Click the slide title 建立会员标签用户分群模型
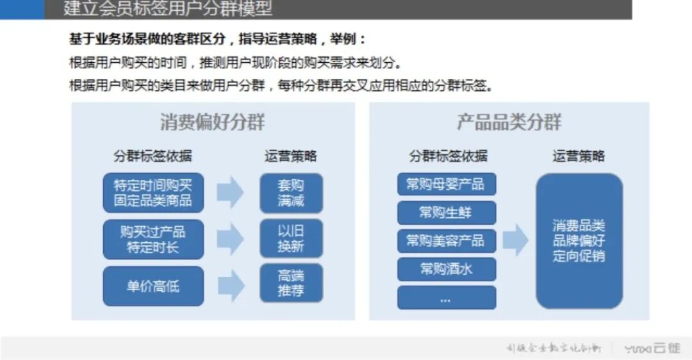tap(168, 9)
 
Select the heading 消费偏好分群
tap(213, 122)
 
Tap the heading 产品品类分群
tap(509, 122)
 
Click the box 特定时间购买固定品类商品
tap(153, 193)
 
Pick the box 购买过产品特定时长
tap(153, 239)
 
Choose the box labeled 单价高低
tap(153, 286)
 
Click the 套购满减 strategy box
tap(291, 193)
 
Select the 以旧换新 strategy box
tap(291, 239)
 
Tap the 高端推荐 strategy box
tap(291, 283)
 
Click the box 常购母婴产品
tap(446, 184)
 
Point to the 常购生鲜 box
tap(446, 213)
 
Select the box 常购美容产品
tap(446, 241)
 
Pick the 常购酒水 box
tap(446, 269)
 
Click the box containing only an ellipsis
tap(446, 297)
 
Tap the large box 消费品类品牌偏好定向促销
tap(579, 241)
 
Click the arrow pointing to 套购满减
tap(230, 192)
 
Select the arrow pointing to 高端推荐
tap(230, 285)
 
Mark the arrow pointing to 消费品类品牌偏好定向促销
tap(515, 241)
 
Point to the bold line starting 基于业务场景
tap(218, 40)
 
